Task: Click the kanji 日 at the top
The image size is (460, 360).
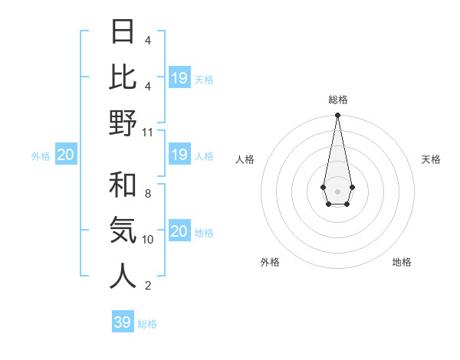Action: [123, 32]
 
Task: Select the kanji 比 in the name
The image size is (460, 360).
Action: [123, 77]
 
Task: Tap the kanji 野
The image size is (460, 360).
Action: [123, 123]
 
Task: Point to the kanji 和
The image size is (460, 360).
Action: [123, 185]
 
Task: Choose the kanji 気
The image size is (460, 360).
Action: [123, 230]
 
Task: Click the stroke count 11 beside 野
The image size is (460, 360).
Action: [147, 132]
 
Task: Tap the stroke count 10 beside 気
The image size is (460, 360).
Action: [147, 239]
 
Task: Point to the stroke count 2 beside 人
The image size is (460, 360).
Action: [147, 286]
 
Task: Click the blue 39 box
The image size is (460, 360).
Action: [123, 322]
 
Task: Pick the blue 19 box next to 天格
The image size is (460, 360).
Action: [179, 77]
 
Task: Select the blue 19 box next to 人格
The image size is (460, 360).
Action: [179, 155]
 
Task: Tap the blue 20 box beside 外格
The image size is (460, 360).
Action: [66, 155]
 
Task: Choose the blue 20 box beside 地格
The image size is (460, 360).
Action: [179, 231]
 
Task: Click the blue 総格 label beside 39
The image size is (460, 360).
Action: [147, 324]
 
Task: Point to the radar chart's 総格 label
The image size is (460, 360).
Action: [337, 100]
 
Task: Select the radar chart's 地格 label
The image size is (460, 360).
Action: [402, 262]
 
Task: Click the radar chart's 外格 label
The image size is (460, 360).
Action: [270, 262]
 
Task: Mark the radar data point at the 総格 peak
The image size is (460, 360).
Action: [337, 116]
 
